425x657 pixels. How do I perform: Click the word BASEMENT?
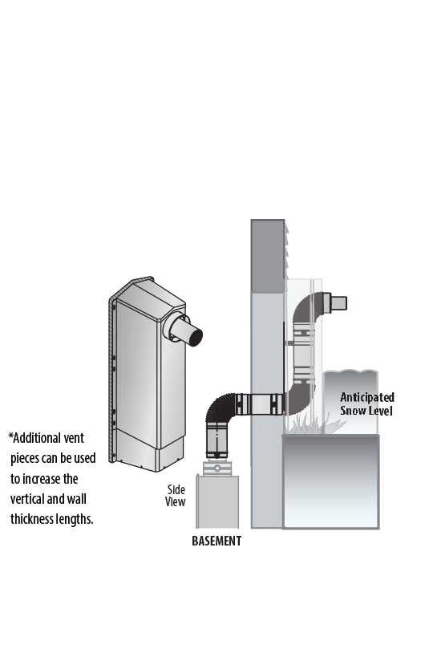point(217,541)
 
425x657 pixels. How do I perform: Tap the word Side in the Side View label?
point(176,489)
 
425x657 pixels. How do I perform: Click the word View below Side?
point(175,501)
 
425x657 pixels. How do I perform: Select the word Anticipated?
point(366,397)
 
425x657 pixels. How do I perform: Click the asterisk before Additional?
point(10,436)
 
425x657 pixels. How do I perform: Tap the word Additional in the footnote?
point(49,438)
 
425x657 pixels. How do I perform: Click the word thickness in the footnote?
point(30,519)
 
